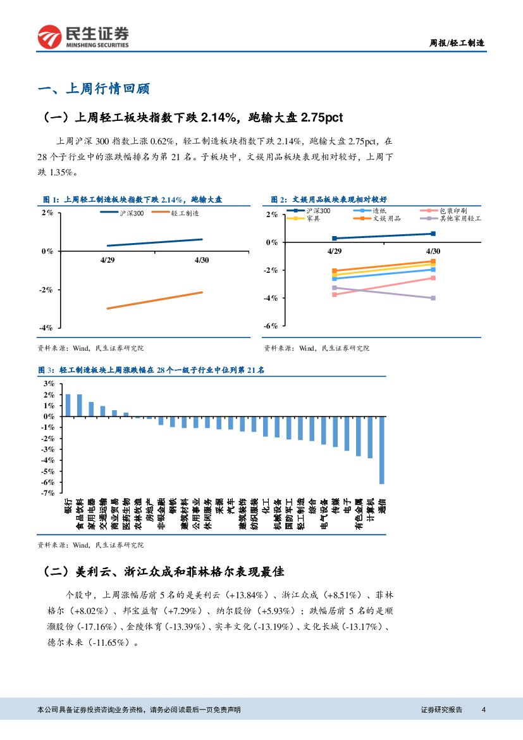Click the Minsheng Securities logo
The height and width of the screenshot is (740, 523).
click(83, 37)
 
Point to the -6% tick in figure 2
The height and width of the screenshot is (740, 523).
click(271, 325)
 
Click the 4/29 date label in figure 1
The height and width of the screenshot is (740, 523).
click(108, 260)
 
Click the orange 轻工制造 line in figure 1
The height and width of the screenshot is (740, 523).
click(155, 300)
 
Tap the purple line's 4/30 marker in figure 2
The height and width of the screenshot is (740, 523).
click(433, 298)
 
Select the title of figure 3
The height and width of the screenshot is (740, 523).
click(151, 370)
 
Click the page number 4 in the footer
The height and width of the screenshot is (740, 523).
click(483, 710)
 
